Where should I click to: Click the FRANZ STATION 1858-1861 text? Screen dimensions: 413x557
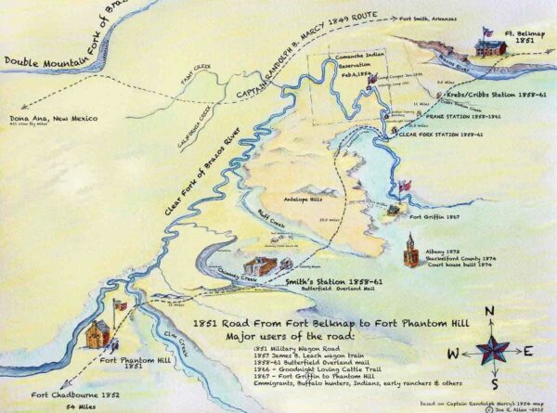(447, 117)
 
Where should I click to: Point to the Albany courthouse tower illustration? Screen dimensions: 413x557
(410, 246)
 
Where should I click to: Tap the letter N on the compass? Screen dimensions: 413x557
(489, 311)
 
